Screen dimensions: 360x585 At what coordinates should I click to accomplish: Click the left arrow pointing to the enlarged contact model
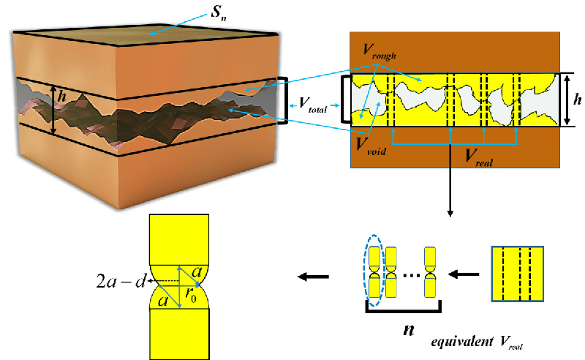coord(310,277)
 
